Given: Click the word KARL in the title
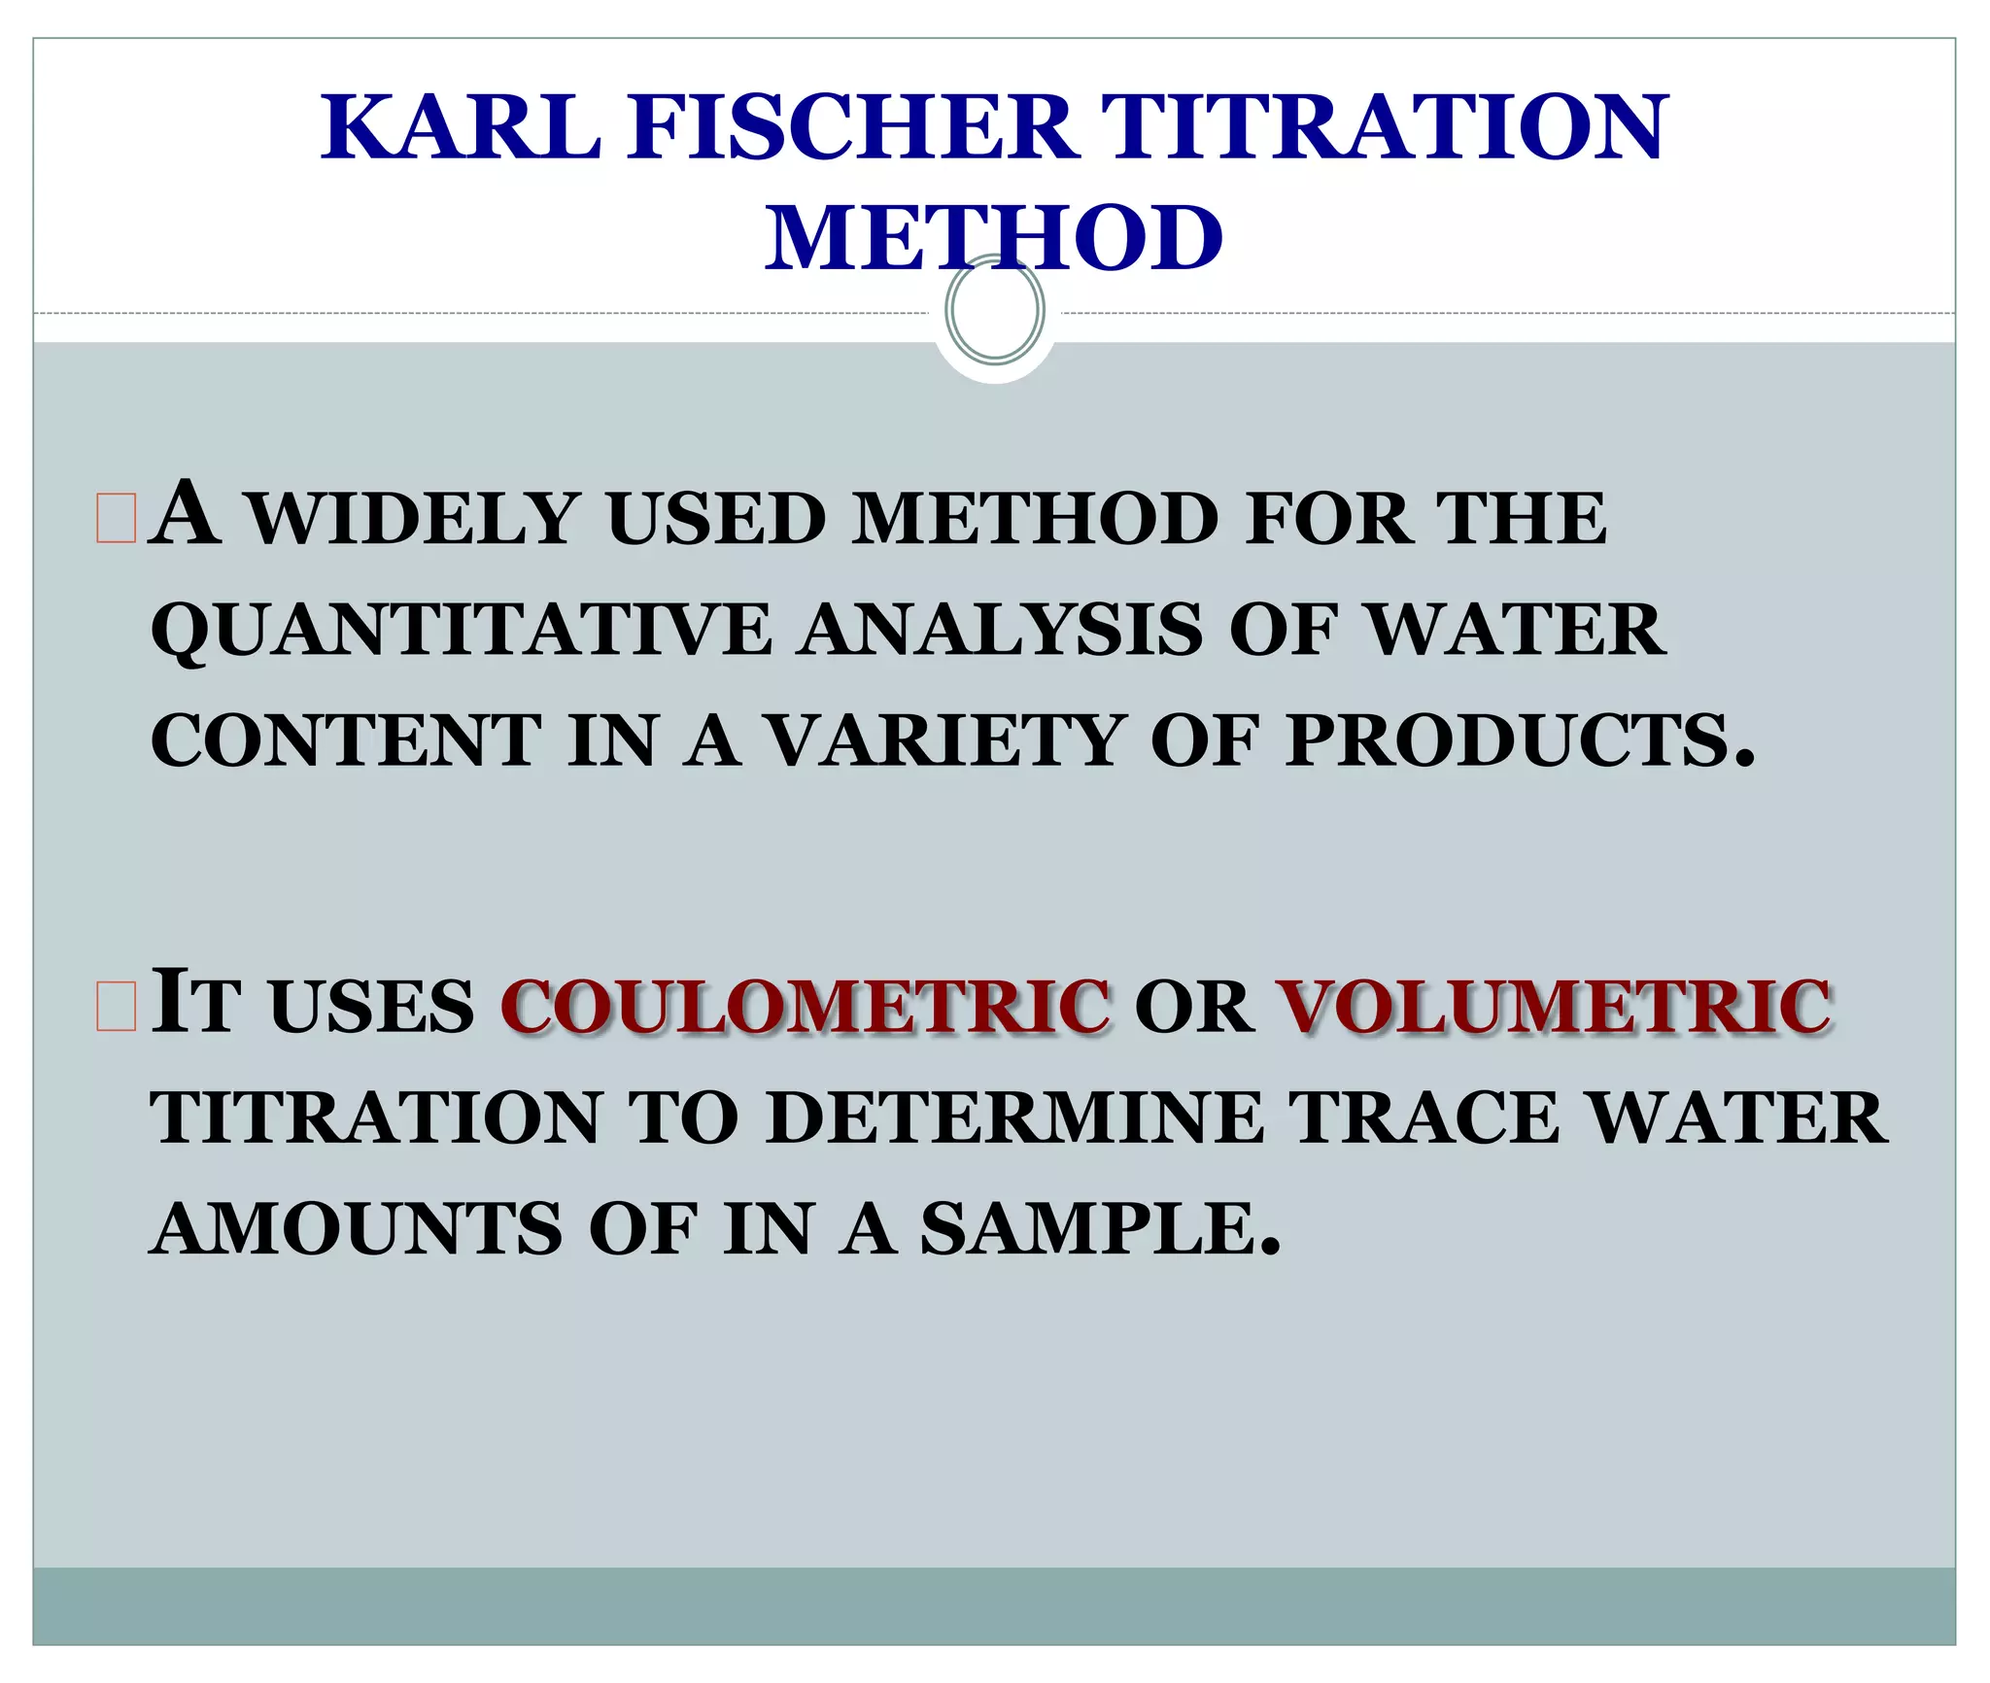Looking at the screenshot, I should click(x=463, y=127).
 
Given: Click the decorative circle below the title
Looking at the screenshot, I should click(x=995, y=310).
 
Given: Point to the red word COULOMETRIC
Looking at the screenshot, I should click(x=806, y=1006).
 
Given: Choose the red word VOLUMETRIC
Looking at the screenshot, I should click(x=1553, y=1006).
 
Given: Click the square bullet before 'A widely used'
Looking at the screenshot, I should click(x=116, y=518).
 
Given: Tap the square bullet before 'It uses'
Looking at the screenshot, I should click(x=116, y=1006).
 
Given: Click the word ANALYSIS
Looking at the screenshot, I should click(x=1001, y=630).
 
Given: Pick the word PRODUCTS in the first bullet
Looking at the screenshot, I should click(x=1519, y=741).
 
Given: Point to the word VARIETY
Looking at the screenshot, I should click(x=946, y=741).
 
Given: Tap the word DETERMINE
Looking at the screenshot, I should click(x=1014, y=1117).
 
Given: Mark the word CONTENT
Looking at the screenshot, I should click(x=347, y=741).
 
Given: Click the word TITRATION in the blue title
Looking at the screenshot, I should click(x=1384, y=127).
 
